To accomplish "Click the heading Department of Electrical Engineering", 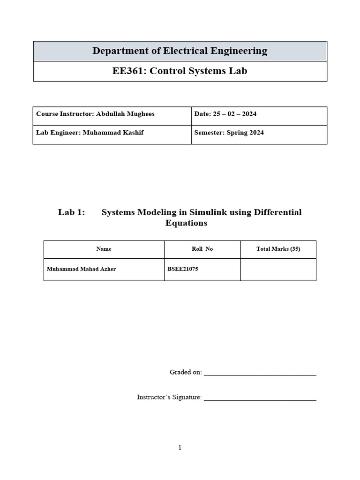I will pos(180,51).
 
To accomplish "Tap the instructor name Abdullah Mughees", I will pos(125,114).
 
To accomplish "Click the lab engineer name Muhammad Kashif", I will pos(113,133).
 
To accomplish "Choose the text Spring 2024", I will pos(245,133).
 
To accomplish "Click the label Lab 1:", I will pos(71,212).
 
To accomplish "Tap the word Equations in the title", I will pos(186,223).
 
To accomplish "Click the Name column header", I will pos(104,249).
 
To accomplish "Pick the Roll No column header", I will pos(202,249).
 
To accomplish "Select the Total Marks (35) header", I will pos(278,249).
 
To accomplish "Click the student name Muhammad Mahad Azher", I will pos(81,270).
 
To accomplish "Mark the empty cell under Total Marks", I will pos(278,270).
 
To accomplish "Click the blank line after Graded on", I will pos(260,374).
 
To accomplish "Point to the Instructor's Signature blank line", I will pos(260,399).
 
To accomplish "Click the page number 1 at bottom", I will pos(180,448).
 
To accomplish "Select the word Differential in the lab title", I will pos(277,212).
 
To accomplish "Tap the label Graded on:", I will pos(186,372).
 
